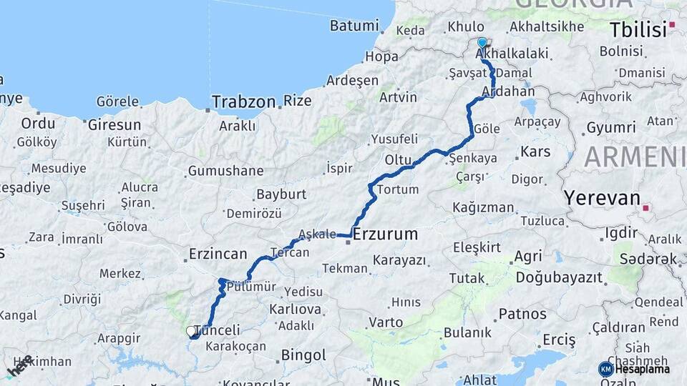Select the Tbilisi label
click(x=637, y=30)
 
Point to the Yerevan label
click(x=601, y=197)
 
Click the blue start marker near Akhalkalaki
click(x=482, y=43)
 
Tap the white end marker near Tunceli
click(x=191, y=331)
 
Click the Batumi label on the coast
click(x=354, y=26)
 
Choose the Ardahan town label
click(x=508, y=91)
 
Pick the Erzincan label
click(x=218, y=254)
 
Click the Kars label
click(x=535, y=152)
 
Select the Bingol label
click(x=303, y=355)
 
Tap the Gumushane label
click(x=225, y=172)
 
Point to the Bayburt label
click(x=281, y=194)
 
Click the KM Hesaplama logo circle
click(x=605, y=369)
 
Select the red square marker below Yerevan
click(x=645, y=208)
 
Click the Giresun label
click(x=114, y=125)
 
